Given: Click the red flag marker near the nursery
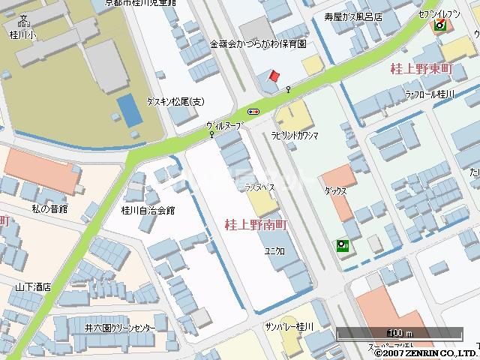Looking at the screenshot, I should [x=274, y=76].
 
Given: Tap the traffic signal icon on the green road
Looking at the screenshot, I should [x=253, y=112].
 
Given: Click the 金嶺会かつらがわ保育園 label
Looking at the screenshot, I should [x=258, y=43].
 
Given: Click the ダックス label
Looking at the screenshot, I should [x=335, y=191].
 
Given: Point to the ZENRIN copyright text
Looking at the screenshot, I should [x=425, y=352].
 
